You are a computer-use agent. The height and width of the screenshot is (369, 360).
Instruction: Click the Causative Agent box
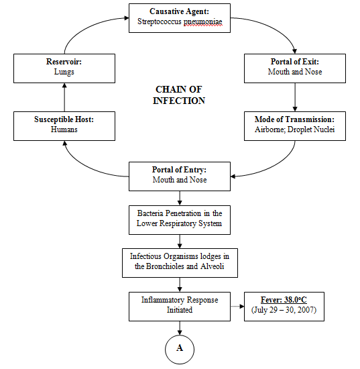(179, 17)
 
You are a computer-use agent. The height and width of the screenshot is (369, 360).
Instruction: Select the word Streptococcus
(162, 22)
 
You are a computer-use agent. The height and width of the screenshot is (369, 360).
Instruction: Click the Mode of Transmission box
(295, 126)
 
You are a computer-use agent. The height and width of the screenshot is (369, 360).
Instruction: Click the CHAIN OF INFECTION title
(180, 95)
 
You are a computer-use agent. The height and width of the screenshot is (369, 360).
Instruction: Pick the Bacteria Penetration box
(179, 219)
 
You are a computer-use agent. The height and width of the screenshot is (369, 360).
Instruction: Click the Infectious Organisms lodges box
(179, 262)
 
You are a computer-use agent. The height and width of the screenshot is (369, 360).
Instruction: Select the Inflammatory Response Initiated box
(179, 305)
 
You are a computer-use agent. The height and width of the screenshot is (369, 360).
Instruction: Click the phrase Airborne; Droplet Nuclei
(295, 131)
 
